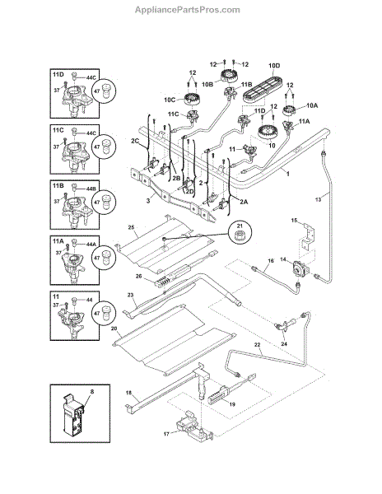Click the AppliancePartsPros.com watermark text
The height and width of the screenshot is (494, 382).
[188, 10]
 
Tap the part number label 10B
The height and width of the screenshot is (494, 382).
[207, 85]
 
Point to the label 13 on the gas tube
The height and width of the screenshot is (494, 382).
[318, 199]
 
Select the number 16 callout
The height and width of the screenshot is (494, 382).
[271, 260]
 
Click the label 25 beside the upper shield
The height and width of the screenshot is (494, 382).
[132, 227]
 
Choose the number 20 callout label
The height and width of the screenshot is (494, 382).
[114, 329]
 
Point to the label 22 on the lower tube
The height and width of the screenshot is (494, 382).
[258, 345]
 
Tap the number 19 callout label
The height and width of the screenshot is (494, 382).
[232, 404]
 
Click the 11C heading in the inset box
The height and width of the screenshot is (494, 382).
[58, 130]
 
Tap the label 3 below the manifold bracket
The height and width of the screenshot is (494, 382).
[148, 200]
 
